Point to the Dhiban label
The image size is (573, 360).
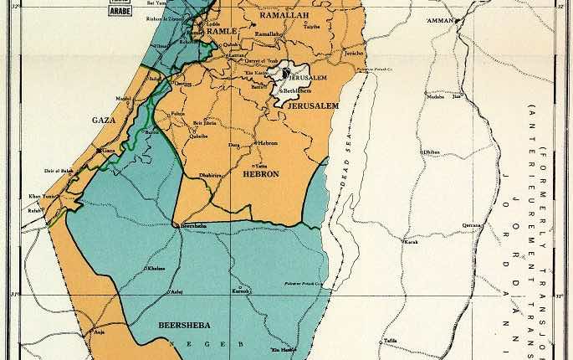pos(432,152)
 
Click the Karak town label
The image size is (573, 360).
pos(410,243)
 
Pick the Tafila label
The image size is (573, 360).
pos(391,340)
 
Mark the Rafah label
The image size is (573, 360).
pos(34,210)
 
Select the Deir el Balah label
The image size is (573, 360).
pos(59,170)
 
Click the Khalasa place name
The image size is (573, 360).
pos(156,269)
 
